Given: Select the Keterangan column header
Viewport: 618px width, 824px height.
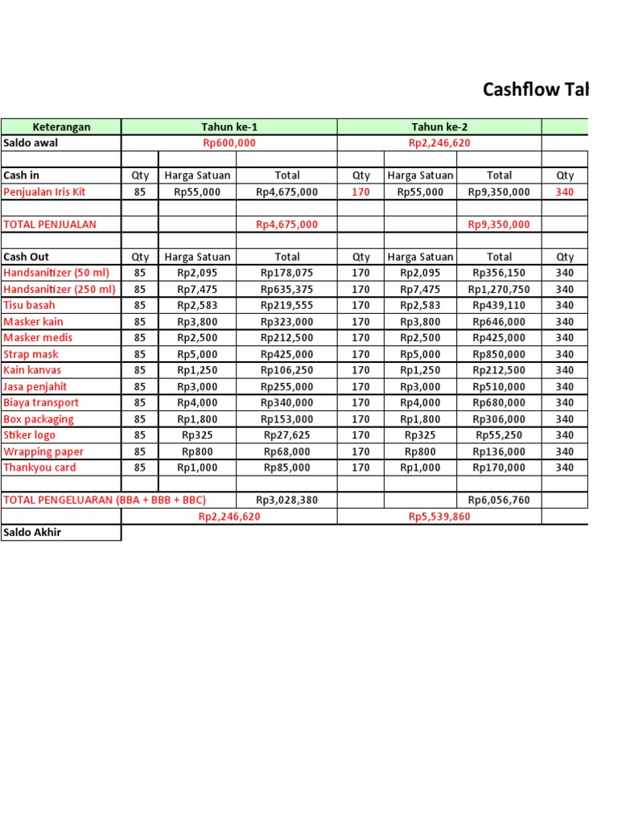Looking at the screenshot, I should click(61, 126).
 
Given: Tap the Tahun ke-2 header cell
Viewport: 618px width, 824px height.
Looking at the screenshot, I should click(439, 126).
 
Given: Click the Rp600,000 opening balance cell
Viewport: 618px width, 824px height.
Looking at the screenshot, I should click(229, 143).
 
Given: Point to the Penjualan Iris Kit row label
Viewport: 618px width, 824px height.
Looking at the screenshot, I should click(44, 192).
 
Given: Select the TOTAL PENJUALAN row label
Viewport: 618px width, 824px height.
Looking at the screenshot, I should click(49, 225).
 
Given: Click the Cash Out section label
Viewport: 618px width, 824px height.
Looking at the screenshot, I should click(26, 257).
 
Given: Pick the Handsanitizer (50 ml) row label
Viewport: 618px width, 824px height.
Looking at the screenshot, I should click(56, 273).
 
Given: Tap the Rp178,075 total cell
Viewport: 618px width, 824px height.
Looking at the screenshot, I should click(286, 273).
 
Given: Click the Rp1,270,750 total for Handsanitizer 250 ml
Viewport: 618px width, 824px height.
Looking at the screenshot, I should click(499, 290).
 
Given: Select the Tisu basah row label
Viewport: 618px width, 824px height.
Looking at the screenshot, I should click(30, 305).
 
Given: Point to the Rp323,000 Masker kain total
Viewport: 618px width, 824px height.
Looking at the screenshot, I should click(286, 322).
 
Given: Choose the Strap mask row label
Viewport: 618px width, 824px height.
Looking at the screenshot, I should click(31, 354).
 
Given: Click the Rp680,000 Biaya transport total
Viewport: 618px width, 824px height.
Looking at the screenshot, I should click(499, 402).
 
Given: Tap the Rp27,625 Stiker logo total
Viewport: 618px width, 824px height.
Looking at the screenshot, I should click(286, 435).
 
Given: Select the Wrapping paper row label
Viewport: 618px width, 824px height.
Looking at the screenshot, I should click(43, 451).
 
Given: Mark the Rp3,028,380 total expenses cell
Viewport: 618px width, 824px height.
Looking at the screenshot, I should click(286, 500).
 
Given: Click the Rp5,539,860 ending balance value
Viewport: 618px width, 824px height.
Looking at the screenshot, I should click(439, 517).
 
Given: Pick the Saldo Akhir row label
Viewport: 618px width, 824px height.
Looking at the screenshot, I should click(32, 533).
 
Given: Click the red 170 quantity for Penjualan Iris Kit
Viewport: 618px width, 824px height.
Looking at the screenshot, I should click(361, 192).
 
